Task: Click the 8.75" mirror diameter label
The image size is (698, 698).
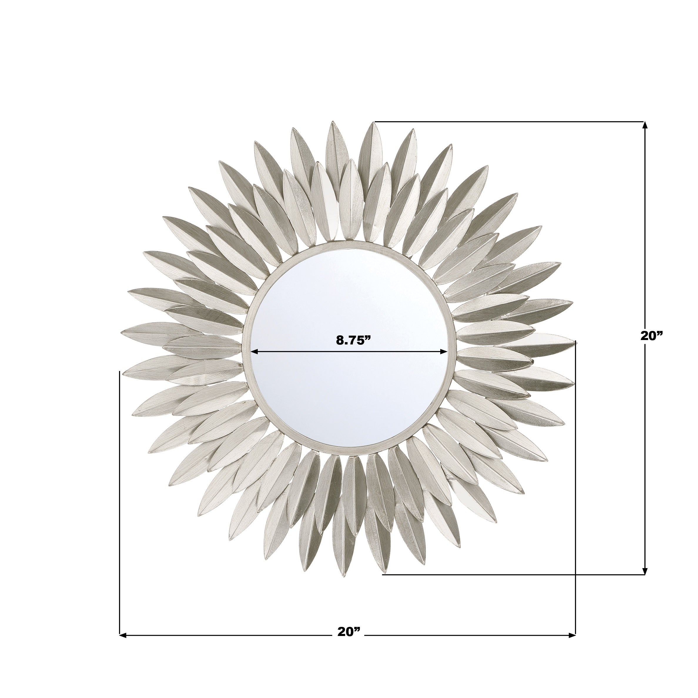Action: click(353, 340)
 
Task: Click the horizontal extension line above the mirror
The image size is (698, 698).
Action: click(506, 121)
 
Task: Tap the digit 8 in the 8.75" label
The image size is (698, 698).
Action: click(340, 340)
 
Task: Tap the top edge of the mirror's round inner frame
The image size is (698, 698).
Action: click(349, 244)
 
